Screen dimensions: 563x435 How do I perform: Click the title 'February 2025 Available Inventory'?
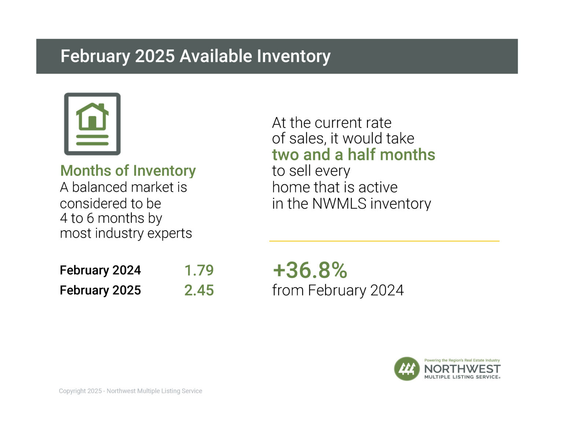pyautogui.click(x=195, y=56)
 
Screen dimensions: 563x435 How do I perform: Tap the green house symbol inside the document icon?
pyautogui.click(x=92, y=117)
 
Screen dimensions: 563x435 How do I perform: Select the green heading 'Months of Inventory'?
pyautogui.click(x=128, y=171)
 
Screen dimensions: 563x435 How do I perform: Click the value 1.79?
pyautogui.click(x=199, y=270)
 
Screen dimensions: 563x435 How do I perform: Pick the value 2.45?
pyautogui.click(x=199, y=290)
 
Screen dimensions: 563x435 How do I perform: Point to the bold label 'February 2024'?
pyautogui.click(x=100, y=270)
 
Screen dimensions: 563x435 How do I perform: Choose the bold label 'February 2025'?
pyautogui.click(x=100, y=290)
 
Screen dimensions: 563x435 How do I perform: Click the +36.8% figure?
pyautogui.click(x=310, y=270)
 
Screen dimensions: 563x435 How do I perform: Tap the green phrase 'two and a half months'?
pyautogui.click(x=353, y=155)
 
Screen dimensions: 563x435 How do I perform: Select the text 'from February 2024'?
pyautogui.click(x=338, y=290)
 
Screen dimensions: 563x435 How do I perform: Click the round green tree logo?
pyautogui.click(x=407, y=369)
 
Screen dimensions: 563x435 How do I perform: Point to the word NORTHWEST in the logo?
pyautogui.click(x=462, y=369)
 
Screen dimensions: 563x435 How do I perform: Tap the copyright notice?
pyautogui.click(x=130, y=391)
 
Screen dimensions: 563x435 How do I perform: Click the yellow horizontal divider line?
pyautogui.click(x=384, y=241)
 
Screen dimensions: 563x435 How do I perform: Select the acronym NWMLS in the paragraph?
pyautogui.click(x=339, y=204)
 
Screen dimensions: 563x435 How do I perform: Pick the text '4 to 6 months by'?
pyautogui.click(x=111, y=218)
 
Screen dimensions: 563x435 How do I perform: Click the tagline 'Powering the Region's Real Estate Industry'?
pyautogui.click(x=462, y=360)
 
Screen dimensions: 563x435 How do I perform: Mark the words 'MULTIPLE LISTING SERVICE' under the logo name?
pyautogui.click(x=462, y=377)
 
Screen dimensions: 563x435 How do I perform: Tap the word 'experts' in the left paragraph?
pyautogui.click(x=169, y=233)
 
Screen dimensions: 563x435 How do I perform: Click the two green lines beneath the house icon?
pyautogui.click(x=92, y=140)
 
